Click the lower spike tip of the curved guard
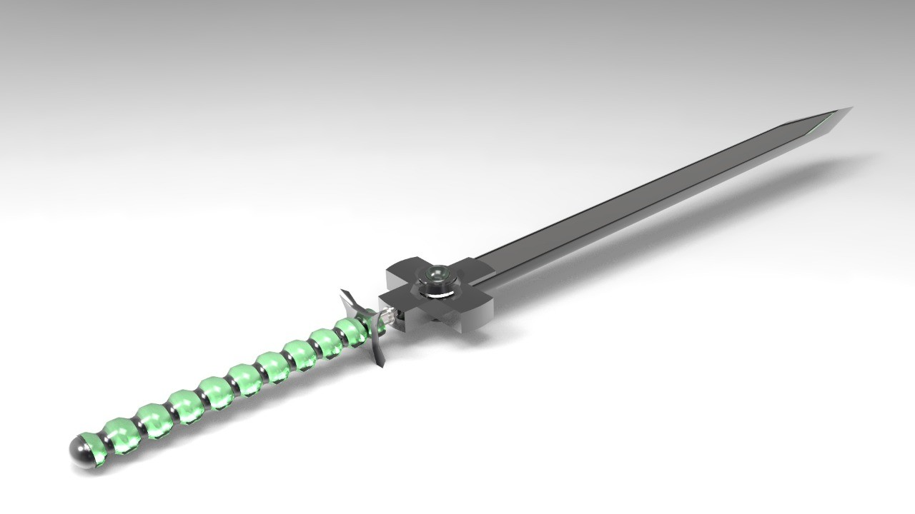(381, 366)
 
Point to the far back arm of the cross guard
(404, 268)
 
